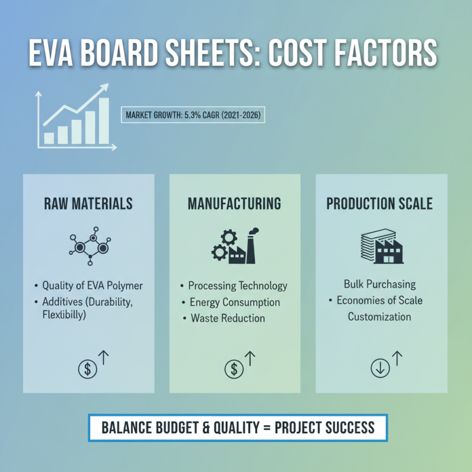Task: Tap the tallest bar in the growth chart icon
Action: [x=104, y=120]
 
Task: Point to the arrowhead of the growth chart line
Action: [x=106, y=87]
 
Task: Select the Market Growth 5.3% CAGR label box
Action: [x=192, y=114]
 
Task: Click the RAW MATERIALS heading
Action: [x=88, y=204]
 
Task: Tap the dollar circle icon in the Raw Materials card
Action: [x=87, y=369]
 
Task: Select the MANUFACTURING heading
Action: [x=234, y=204]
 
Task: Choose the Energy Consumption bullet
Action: [x=235, y=302]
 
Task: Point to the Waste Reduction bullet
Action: [x=228, y=318]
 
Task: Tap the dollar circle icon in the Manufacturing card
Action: [x=234, y=369]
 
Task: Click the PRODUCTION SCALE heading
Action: [x=380, y=204]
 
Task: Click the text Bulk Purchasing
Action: [x=380, y=284]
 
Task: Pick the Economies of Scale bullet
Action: [x=379, y=300]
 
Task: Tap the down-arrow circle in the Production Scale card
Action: [x=379, y=369]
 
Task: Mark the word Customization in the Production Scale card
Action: [x=379, y=317]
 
